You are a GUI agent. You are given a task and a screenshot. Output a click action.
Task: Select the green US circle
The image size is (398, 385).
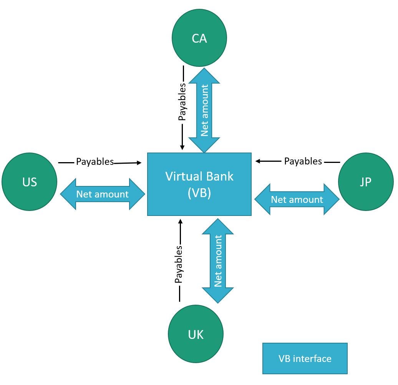[30, 181]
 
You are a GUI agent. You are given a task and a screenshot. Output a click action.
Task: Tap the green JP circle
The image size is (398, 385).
[365, 182]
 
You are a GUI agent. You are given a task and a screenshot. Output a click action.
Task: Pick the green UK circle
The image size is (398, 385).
[196, 334]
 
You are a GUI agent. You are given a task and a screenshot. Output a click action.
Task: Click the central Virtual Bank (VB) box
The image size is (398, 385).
[199, 184]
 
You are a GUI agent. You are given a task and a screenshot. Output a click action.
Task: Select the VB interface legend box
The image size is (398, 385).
[305, 358]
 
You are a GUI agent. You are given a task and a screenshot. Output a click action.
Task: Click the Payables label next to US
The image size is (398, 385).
[95, 162]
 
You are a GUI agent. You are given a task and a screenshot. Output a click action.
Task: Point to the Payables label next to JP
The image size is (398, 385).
[303, 161]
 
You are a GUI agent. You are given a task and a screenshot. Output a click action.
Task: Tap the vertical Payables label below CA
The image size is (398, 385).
[182, 102]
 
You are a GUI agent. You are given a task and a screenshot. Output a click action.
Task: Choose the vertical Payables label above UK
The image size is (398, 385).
[179, 265]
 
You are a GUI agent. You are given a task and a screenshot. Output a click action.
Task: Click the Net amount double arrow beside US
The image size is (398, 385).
[102, 194]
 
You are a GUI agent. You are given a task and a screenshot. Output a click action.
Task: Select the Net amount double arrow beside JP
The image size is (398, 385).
[297, 199]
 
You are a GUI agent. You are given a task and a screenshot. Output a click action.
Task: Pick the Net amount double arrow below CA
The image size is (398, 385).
[204, 111]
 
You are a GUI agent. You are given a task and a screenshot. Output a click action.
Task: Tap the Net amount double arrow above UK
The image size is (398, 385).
[218, 261]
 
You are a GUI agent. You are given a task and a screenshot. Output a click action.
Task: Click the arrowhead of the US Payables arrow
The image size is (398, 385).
[139, 163]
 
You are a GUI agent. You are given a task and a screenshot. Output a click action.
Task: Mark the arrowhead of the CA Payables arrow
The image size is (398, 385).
[182, 147]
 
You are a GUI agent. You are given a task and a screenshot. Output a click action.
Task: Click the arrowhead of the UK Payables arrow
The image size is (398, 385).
[179, 221]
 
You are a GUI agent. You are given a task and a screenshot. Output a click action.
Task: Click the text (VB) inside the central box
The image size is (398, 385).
[199, 193]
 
